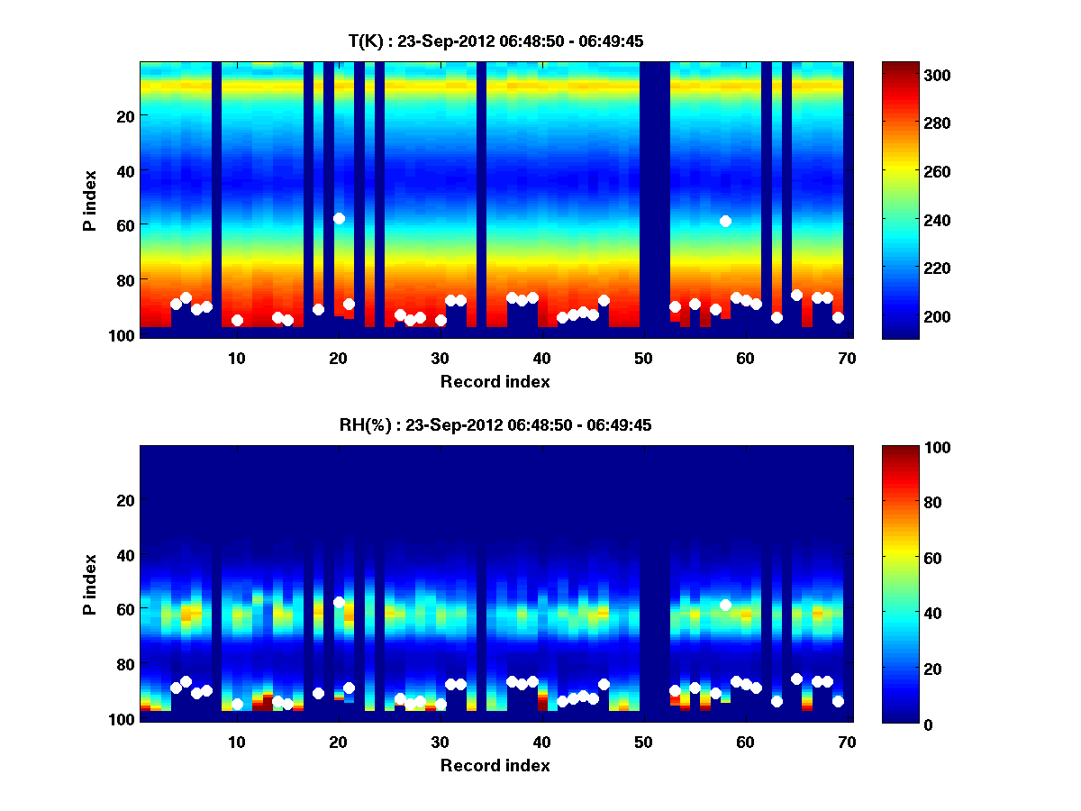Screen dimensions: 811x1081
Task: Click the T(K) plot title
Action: pyautogui.click(x=495, y=41)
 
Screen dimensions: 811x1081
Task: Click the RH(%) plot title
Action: pyautogui.click(x=495, y=424)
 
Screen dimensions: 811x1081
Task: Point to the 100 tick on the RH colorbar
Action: pyautogui.click(x=904, y=448)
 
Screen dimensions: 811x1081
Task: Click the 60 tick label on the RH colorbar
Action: pyautogui.click(x=901, y=559)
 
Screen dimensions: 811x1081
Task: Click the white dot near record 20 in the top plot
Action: pyautogui.click(x=339, y=218)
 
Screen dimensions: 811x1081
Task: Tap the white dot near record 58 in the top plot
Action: pyautogui.click(x=725, y=221)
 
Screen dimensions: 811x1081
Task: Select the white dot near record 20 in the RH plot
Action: pyautogui.click(x=339, y=602)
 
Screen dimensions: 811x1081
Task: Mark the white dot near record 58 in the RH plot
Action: pyautogui.click(x=725, y=605)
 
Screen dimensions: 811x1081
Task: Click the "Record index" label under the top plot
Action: pyautogui.click(x=495, y=381)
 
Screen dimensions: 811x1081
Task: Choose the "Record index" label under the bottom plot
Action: pyautogui.click(x=495, y=765)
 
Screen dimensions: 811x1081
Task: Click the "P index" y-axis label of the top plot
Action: pyautogui.click(x=89, y=200)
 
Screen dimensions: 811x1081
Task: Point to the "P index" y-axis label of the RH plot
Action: pyautogui.click(x=89, y=584)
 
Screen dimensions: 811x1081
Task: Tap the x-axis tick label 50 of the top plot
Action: pyautogui.click(x=643, y=357)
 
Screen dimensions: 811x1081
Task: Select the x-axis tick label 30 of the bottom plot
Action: pyautogui.click(x=440, y=741)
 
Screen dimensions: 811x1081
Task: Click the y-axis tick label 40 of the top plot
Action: pyautogui.click(x=124, y=170)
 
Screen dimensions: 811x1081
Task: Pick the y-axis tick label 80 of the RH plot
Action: pyautogui.click(x=124, y=664)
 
